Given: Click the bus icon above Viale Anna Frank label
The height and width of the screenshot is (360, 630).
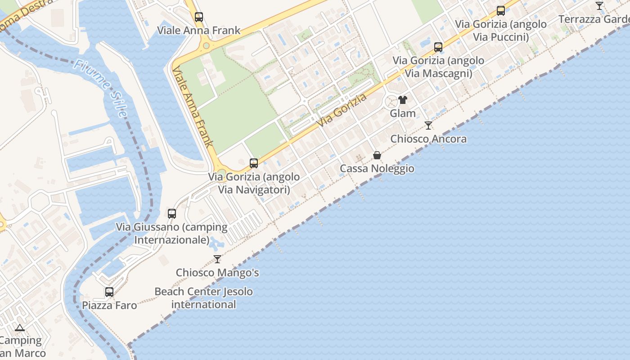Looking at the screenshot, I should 199,17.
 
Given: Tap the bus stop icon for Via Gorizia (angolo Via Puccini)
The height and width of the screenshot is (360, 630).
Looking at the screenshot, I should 501,11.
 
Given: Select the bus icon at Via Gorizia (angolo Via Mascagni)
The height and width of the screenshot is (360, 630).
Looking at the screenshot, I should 438,47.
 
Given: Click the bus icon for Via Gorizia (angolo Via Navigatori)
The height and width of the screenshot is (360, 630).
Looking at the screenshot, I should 254,163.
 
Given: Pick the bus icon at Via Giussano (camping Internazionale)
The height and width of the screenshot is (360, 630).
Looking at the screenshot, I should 172,214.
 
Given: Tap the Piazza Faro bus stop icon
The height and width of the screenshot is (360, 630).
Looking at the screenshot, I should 109,292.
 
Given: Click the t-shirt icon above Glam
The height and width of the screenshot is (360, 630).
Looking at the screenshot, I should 403,100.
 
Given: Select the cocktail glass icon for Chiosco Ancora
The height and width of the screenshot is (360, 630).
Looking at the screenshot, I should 428,126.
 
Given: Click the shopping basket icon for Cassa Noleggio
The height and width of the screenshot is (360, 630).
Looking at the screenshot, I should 377,155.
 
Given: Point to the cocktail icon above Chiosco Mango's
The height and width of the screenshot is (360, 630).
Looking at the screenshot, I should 217,259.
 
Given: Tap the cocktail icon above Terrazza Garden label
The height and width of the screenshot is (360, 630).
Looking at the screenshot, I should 599,6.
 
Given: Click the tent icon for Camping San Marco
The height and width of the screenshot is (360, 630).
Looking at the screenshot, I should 19,328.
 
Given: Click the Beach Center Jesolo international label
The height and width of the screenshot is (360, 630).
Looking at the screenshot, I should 203,298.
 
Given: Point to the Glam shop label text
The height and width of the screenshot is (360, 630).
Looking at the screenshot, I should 403,113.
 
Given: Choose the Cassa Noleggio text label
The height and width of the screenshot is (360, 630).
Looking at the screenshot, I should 377,168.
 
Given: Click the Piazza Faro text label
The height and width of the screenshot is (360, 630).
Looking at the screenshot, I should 109,305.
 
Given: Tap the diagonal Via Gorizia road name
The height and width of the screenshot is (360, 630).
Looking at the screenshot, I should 342,110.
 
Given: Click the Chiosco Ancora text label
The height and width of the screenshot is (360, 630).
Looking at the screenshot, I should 428,139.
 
